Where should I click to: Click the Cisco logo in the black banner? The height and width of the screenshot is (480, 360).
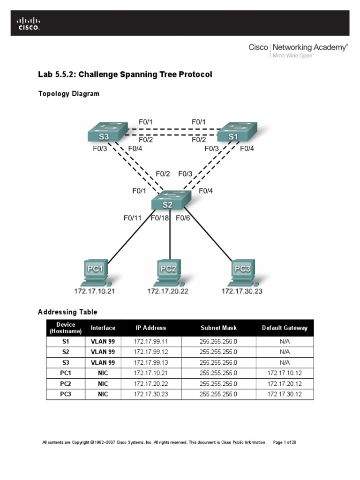(29, 23)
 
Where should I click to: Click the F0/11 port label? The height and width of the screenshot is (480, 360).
(133, 217)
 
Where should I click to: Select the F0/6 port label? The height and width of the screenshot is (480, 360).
(183, 217)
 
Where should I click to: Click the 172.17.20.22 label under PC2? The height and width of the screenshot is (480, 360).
(167, 291)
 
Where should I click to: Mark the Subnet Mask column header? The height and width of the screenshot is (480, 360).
(218, 328)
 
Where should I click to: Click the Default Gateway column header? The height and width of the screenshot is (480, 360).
(285, 328)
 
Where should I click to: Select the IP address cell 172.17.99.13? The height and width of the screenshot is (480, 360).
(150, 363)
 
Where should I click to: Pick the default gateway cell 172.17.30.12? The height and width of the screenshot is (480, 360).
(285, 394)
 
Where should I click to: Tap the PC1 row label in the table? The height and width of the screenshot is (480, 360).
(66, 373)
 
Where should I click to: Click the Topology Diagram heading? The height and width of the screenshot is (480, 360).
(68, 94)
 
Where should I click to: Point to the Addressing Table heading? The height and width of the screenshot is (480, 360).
(67, 312)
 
